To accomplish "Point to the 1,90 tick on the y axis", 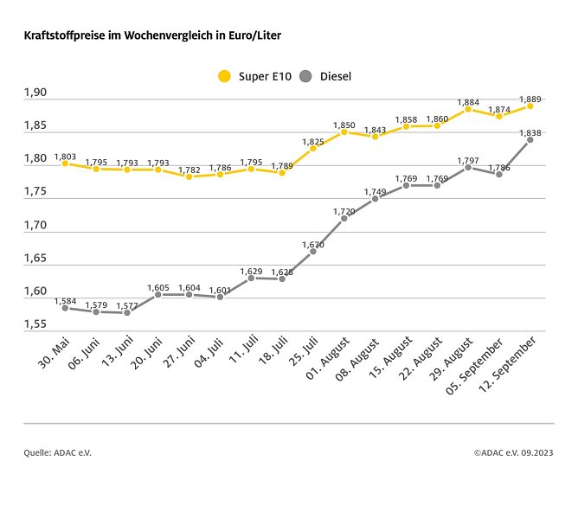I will (x=35, y=93).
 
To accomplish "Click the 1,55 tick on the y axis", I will (x=35, y=324).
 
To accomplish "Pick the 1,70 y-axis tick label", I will (x=35, y=225).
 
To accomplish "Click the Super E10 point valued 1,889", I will (x=530, y=106).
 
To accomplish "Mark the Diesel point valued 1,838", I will (x=530, y=139).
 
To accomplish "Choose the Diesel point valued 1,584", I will (x=65, y=308).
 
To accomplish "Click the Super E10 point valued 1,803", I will (x=65, y=163).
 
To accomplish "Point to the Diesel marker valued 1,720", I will (x=344, y=218).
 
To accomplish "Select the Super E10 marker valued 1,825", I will (x=312, y=148).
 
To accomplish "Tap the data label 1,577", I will (x=127, y=304).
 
